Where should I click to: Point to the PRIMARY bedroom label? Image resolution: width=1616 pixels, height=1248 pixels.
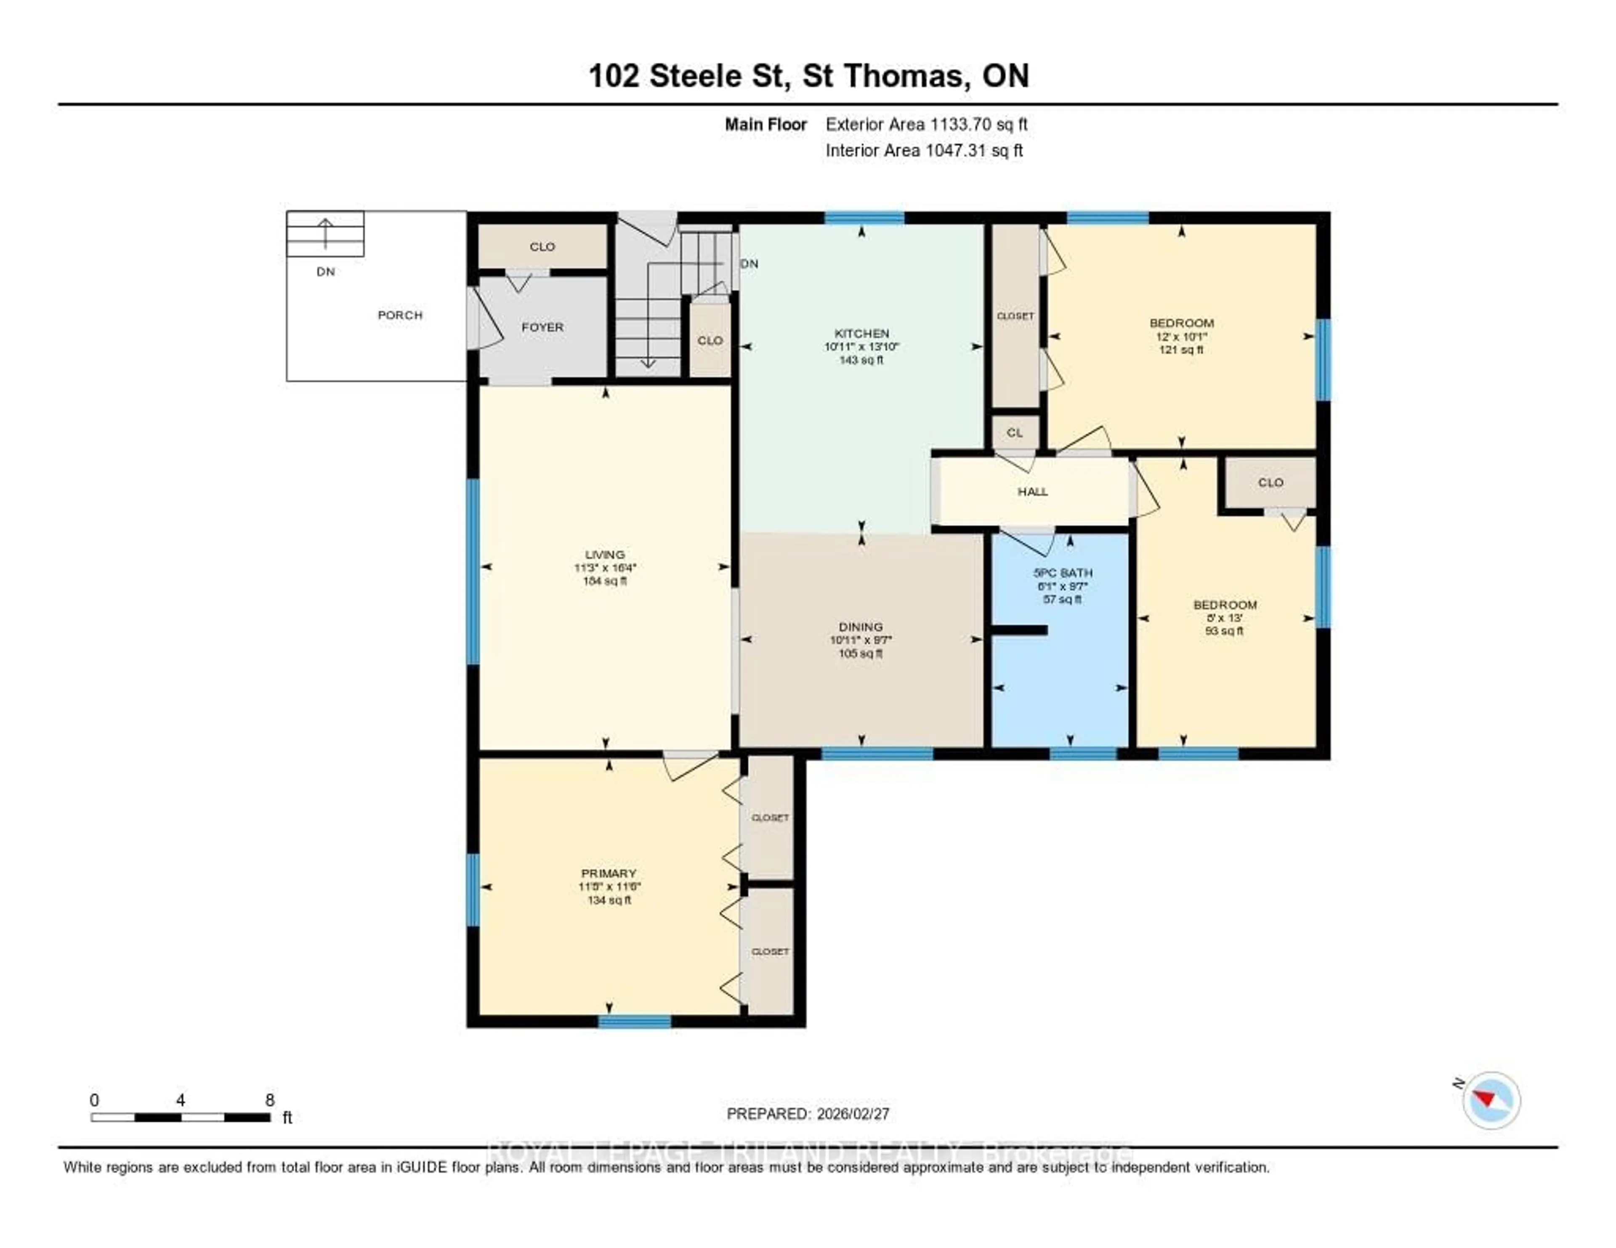pos(608,873)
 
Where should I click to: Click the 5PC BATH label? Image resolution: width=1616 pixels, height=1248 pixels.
pos(1063,573)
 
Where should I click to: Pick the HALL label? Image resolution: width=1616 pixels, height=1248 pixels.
pos(1032,491)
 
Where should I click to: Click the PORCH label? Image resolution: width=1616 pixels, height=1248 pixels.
pos(399,315)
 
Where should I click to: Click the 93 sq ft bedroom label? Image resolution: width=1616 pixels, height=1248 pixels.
pos(1225,604)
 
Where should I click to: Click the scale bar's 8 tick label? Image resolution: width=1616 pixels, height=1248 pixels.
pos(270,1100)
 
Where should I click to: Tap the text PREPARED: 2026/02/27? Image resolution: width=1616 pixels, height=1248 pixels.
pos(807,1113)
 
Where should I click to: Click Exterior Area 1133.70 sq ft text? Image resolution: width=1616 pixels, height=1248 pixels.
pos(926,124)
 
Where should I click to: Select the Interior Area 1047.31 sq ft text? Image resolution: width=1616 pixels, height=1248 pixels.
pos(924,150)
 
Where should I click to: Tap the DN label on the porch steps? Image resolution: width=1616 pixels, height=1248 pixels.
pos(326,271)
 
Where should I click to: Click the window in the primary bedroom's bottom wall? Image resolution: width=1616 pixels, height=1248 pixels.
pos(634,1021)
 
